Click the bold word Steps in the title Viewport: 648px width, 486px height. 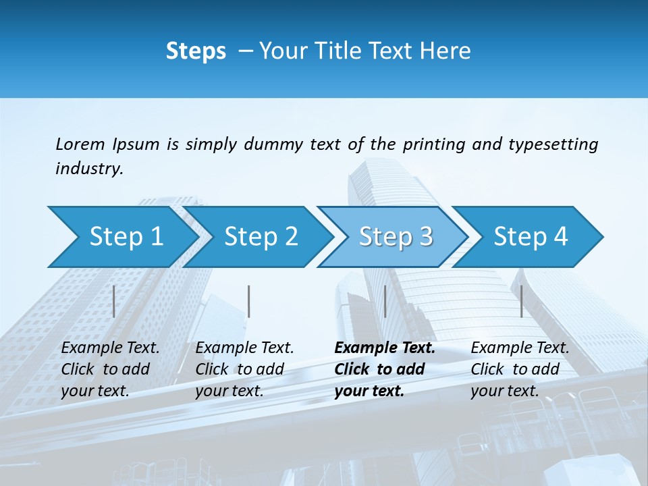tap(196, 51)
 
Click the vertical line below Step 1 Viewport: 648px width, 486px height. tap(114, 302)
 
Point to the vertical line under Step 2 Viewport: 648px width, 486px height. tap(249, 302)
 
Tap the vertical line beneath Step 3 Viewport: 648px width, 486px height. tap(385, 302)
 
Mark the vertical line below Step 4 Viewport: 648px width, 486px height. tap(521, 302)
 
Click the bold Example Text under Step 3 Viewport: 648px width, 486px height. tap(385, 348)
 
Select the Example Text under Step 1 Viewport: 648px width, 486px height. tap(110, 348)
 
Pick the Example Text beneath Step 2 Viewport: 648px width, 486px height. tap(244, 348)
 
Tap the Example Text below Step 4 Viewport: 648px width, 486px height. tap(520, 348)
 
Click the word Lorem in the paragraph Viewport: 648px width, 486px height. tap(80, 144)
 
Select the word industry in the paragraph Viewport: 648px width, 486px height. tap(88, 169)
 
